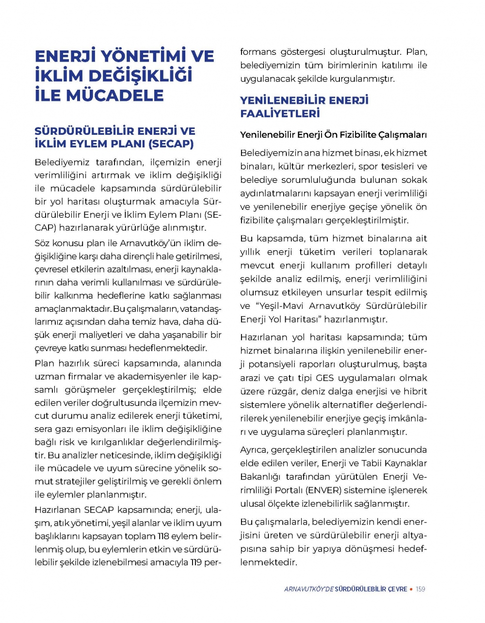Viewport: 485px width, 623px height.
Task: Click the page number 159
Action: tap(420, 589)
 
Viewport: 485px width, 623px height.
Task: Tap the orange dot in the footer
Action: tap(411, 589)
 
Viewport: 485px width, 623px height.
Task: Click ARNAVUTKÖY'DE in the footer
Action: tap(309, 589)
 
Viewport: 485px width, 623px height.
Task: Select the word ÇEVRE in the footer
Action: tap(398, 589)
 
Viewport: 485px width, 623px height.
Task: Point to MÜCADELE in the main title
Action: tap(115, 95)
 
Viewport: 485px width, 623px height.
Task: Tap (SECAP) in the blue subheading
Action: tap(171, 144)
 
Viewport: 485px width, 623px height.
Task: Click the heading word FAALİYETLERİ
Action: tap(280, 113)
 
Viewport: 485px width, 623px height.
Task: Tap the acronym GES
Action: tap(324, 378)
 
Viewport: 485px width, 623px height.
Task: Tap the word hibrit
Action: tap(415, 391)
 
